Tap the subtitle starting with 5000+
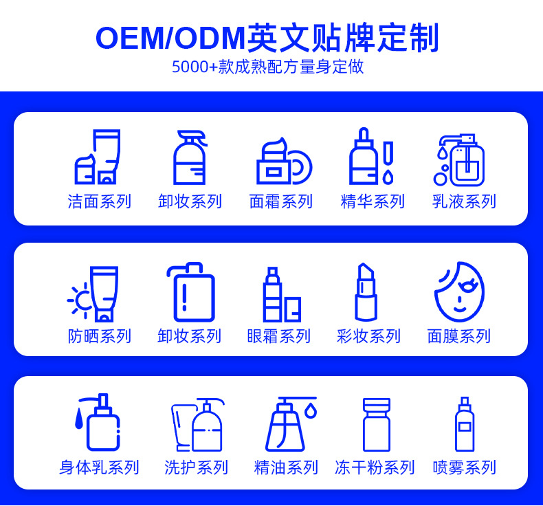(267, 67)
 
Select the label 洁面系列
(99, 201)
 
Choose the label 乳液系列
(464, 201)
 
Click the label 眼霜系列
(278, 336)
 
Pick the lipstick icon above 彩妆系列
(366, 292)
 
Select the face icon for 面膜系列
(459, 291)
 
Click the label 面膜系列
(458, 336)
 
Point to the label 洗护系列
(196, 467)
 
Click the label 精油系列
(286, 467)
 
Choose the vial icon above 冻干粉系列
(376, 424)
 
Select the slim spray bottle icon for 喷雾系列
(464, 424)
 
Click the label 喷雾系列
(464, 467)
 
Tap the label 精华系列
(373, 201)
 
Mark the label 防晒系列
(99, 336)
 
